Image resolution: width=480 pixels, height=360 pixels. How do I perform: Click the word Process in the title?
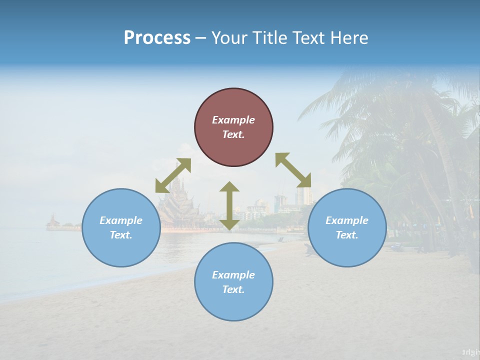[x=157, y=38]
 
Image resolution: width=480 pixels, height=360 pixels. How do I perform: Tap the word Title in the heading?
[x=268, y=38]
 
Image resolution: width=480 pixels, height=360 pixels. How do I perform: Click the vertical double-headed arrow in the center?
[x=229, y=205]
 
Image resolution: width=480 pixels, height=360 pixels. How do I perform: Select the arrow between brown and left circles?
[x=173, y=175]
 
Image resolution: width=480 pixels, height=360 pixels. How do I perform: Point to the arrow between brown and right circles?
[x=293, y=170]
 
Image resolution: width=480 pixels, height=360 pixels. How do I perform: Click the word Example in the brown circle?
[x=233, y=120]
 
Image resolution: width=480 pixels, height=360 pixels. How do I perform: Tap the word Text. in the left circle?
[x=121, y=235]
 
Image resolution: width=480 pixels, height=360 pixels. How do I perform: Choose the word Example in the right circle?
[x=347, y=220]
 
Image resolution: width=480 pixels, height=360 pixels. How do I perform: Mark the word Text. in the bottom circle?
[x=233, y=289]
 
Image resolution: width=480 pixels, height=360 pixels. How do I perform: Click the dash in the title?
[x=201, y=38]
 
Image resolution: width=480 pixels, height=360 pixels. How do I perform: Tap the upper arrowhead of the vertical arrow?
[x=229, y=187]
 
